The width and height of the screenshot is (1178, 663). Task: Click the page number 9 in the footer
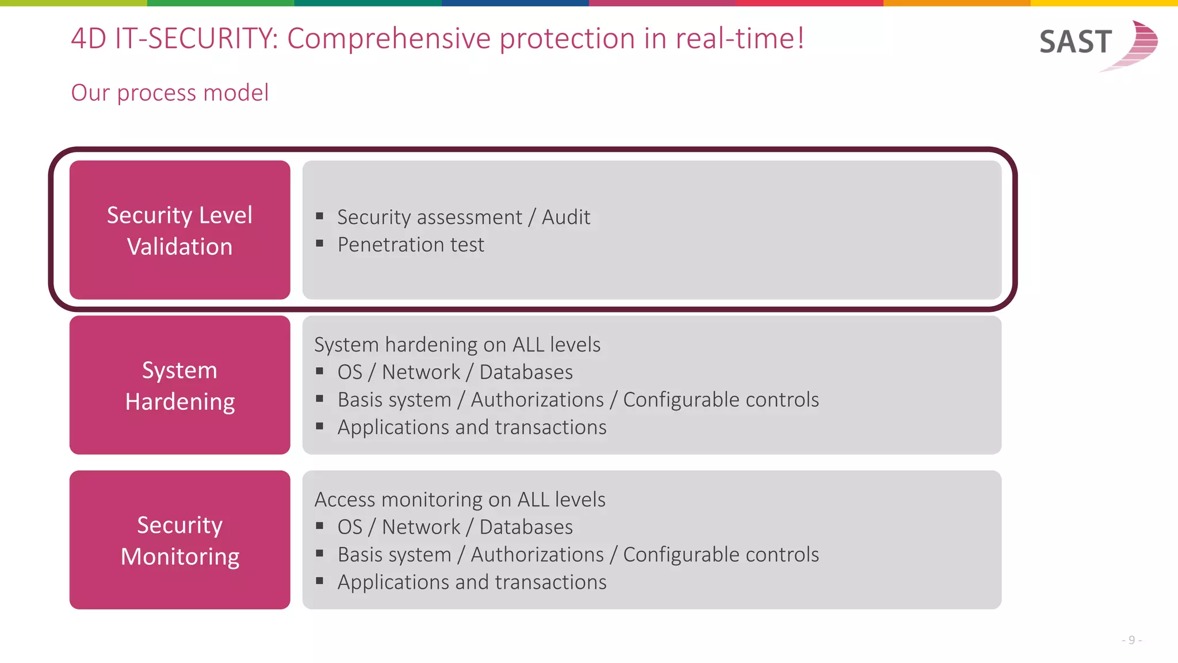[x=1131, y=640]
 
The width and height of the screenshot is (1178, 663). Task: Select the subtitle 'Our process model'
[x=170, y=93]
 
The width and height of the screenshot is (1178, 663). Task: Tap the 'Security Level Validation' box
[x=179, y=230]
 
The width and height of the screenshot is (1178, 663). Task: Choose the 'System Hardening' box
[x=179, y=385]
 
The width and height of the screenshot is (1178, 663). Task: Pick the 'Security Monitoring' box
[x=179, y=540]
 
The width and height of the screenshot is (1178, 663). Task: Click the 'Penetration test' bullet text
[x=411, y=245]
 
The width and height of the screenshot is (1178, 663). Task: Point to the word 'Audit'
[x=566, y=217]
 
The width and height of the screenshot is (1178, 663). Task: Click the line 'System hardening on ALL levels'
[x=457, y=344]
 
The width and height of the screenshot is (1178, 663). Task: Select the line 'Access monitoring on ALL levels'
[x=460, y=499]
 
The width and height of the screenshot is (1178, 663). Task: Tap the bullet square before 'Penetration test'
[x=320, y=243]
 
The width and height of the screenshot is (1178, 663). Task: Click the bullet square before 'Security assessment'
[x=320, y=216]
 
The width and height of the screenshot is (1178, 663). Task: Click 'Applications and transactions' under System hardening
[x=472, y=427]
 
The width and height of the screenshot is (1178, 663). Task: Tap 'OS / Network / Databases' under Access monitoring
[x=455, y=527]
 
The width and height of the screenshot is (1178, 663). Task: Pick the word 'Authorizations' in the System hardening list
[x=537, y=399]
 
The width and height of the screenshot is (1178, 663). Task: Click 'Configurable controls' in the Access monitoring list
[x=721, y=554]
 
